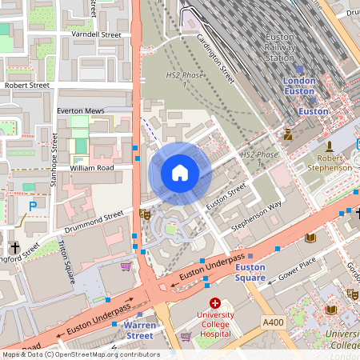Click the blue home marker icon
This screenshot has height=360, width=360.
click(180, 173)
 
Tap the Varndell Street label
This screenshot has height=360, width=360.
click(95, 35)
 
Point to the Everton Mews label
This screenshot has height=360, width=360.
click(82, 112)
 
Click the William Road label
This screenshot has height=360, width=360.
click(91, 169)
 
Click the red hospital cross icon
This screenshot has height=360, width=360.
click(214, 303)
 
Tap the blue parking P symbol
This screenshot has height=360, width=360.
click(33, 206)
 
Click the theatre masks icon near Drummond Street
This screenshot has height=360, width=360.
click(145, 214)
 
